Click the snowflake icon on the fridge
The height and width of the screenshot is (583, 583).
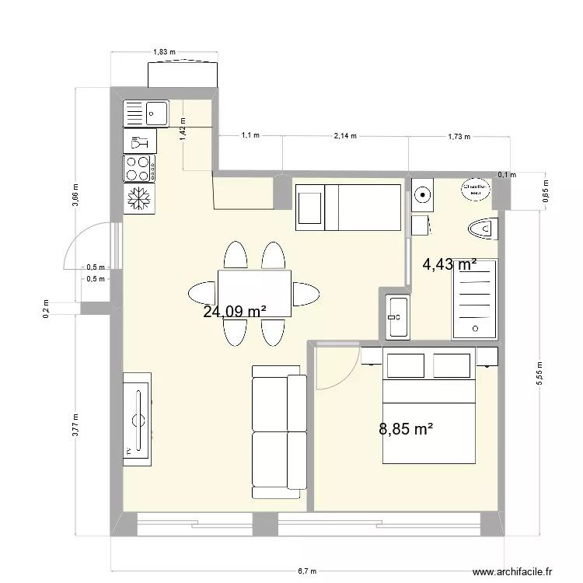point(140,197)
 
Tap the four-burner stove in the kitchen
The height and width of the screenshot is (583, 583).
point(139,168)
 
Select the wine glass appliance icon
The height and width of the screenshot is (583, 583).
point(140,141)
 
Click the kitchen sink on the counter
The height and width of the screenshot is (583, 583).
point(146,113)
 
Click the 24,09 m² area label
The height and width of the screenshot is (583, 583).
point(235,312)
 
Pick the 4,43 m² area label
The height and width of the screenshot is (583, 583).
point(449,264)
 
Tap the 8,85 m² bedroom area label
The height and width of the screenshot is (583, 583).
point(406,428)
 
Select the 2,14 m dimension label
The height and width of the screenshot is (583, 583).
point(345,135)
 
